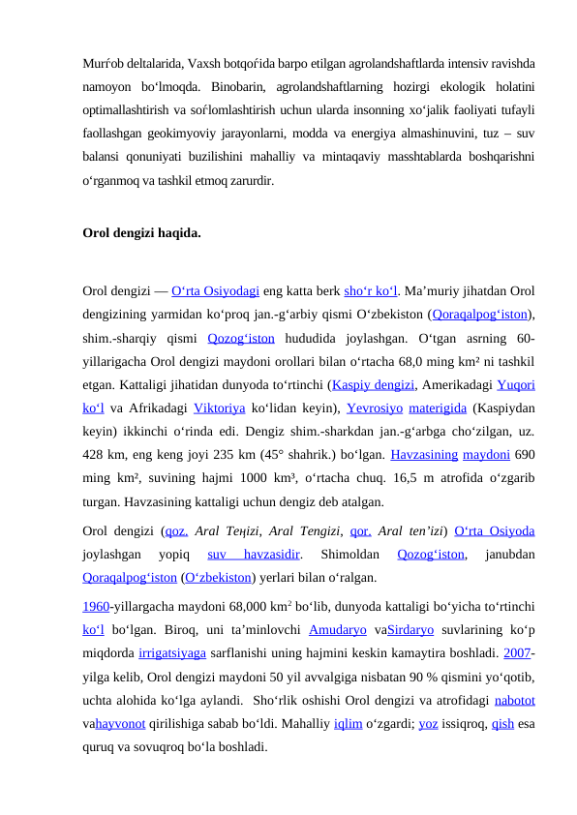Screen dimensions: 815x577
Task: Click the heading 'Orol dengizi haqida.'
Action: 142,233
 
